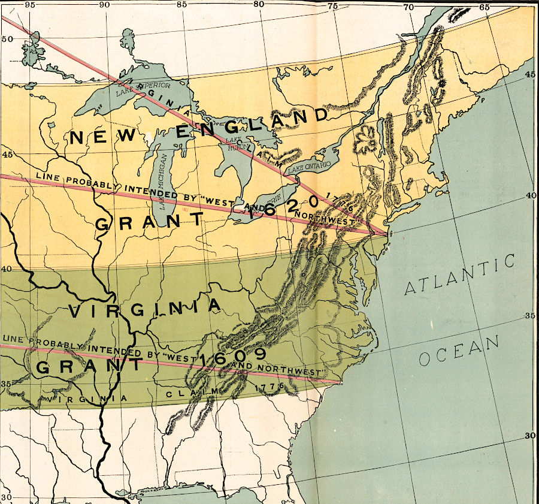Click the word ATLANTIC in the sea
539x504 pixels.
460,275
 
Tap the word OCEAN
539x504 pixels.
459,351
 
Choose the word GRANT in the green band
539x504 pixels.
90,366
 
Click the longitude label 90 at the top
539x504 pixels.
104,5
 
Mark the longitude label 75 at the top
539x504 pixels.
333,5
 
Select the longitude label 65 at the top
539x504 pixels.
484,7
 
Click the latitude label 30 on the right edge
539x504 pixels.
529,436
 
